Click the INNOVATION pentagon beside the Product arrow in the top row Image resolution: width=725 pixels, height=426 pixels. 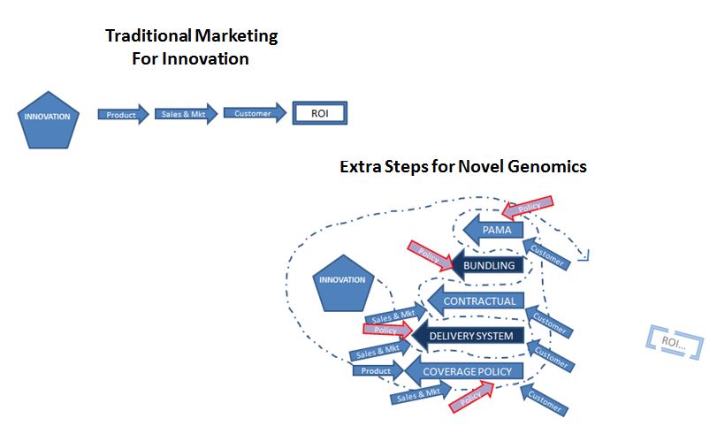48,120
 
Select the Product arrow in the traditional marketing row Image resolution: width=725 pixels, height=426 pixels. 123,114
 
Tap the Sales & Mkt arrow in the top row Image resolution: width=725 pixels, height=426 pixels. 186,114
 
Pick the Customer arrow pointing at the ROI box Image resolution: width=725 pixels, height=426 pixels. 255,113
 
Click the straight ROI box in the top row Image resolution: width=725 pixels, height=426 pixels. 319,113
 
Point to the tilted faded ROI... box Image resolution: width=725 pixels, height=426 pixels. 675,342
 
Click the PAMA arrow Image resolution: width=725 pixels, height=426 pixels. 492,230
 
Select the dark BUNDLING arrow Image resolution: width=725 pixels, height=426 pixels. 487,265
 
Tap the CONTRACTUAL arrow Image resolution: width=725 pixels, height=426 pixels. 476,300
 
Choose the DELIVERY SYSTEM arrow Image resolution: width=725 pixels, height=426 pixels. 468,336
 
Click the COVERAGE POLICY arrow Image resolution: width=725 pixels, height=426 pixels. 464,371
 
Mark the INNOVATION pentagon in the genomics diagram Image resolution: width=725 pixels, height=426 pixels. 343,283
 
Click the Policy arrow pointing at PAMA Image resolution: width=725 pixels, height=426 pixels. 527,208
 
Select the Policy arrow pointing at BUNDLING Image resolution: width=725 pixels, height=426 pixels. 431,255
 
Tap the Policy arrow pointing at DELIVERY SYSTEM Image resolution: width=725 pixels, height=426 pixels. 387,330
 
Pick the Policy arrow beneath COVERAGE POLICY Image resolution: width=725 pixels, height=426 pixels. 471,397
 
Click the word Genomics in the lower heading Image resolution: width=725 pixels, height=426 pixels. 547,166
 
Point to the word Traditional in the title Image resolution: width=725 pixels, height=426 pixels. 148,35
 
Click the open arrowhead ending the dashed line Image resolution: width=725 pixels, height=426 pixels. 585,255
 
